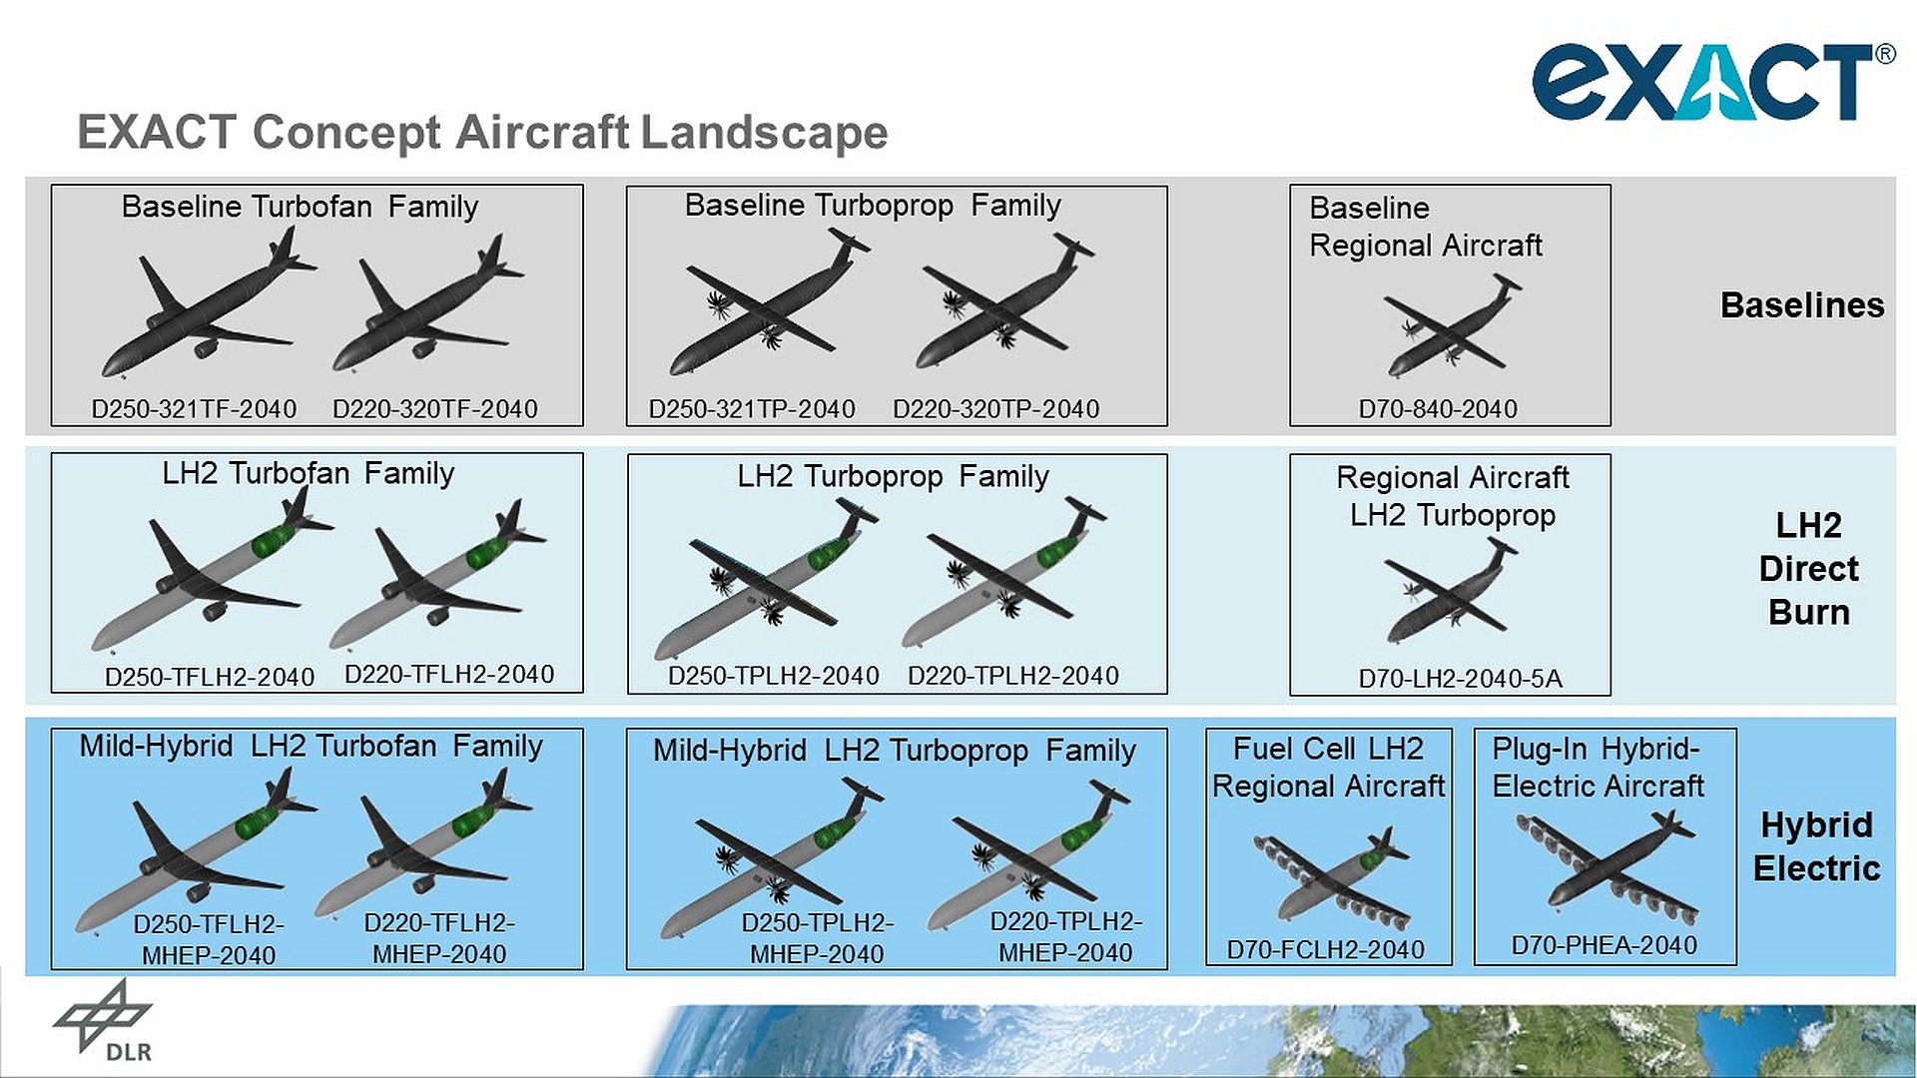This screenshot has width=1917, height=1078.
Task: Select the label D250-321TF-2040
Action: pyautogui.click(x=194, y=409)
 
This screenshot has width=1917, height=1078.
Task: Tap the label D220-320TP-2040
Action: pyautogui.click(x=995, y=409)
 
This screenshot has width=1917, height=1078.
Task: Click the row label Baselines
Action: pyautogui.click(x=1801, y=305)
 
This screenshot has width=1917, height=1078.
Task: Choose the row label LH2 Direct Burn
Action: pyautogui.click(x=1808, y=569)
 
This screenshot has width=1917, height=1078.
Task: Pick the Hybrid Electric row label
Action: pyautogui.click(x=1816, y=846)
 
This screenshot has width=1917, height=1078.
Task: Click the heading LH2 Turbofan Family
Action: pyautogui.click(x=308, y=473)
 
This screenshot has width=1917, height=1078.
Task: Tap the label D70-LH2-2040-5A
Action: pyautogui.click(x=1460, y=679)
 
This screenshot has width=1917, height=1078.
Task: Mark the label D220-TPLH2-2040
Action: pyautogui.click(x=1012, y=676)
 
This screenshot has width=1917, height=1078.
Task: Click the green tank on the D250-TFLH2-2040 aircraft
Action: pyautogui.click(x=271, y=541)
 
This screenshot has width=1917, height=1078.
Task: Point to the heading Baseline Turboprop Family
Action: pyautogui.click(x=872, y=206)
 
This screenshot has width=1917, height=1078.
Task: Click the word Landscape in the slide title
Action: pyautogui.click(x=764, y=133)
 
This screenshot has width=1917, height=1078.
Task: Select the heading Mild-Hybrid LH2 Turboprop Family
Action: pyautogui.click(x=894, y=751)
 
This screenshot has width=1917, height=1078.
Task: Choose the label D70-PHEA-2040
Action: pyautogui.click(x=1603, y=945)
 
